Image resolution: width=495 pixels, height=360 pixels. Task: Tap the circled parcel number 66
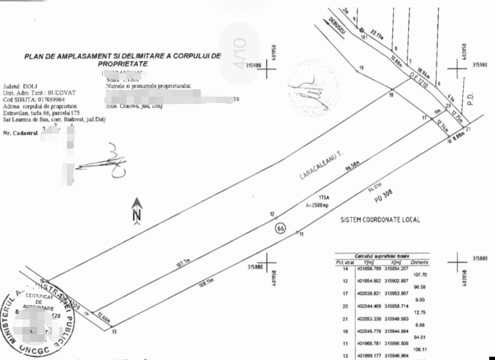click(280, 228)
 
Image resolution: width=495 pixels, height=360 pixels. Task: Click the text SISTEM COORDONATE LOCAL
click(380, 220)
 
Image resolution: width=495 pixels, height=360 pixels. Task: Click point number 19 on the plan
click(362, 68)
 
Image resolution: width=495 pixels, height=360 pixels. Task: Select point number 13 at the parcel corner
click(114, 331)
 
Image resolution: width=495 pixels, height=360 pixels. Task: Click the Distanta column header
click(419, 262)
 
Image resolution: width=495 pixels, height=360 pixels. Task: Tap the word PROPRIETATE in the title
click(122, 64)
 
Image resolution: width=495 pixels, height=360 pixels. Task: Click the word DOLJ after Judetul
click(30, 86)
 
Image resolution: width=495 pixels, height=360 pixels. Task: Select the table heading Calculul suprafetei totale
click(382, 256)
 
